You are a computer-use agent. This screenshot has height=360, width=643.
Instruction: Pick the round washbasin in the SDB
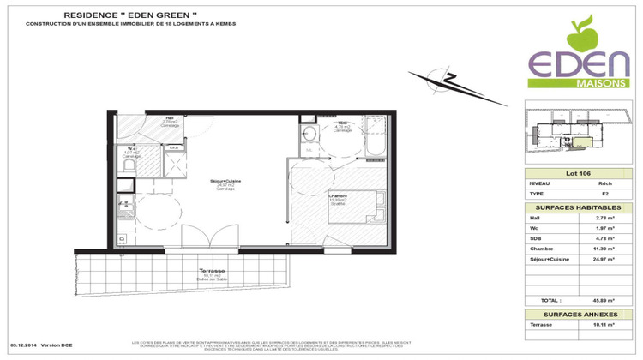coord(309,134)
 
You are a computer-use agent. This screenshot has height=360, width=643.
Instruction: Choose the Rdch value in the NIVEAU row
coord(581,183)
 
